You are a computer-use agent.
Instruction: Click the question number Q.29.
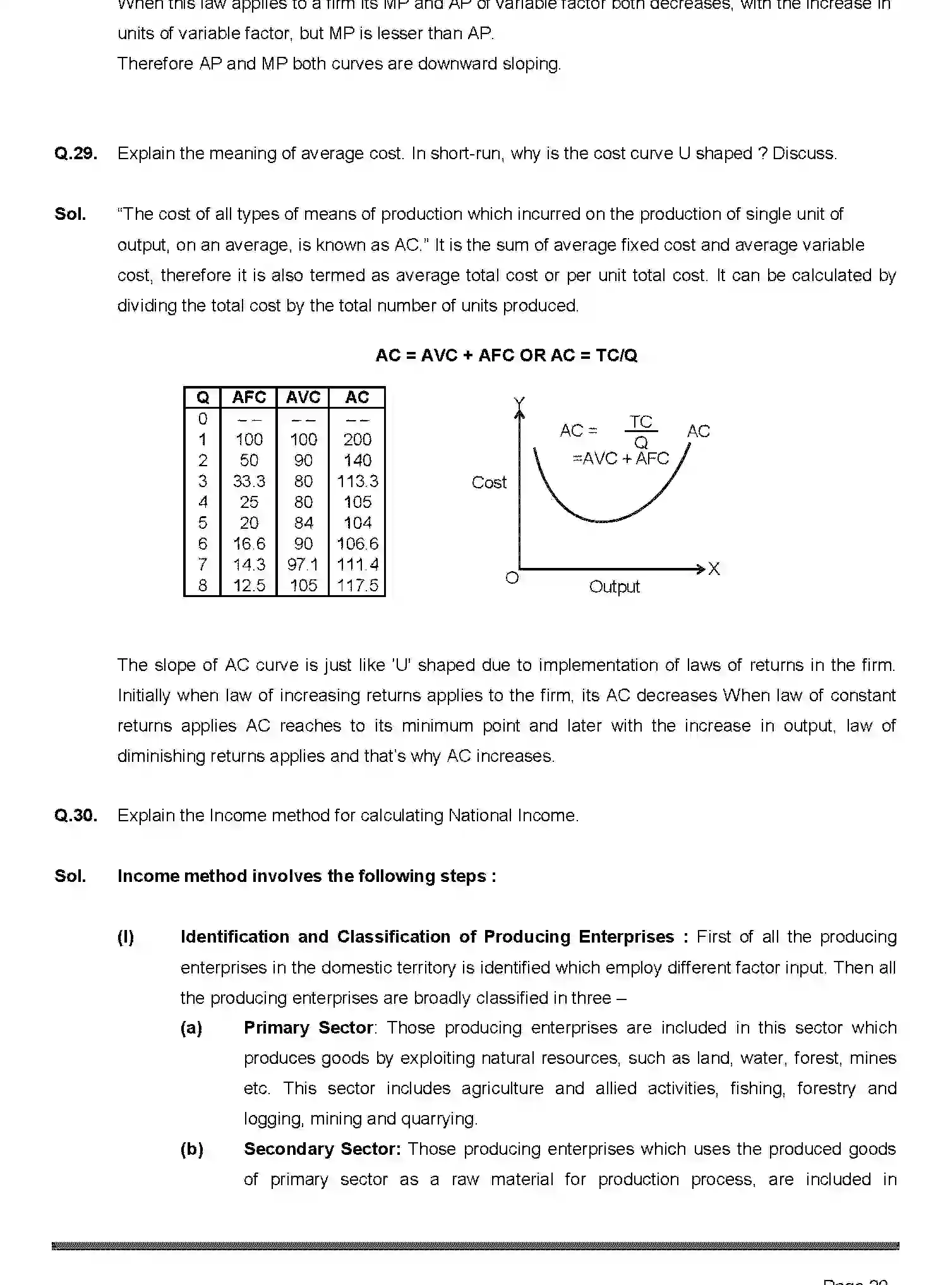(76, 154)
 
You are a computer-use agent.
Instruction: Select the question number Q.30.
(76, 816)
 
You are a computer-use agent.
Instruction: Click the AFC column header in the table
(249, 397)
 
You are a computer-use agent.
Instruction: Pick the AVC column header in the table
(303, 397)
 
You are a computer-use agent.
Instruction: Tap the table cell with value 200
(358, 440)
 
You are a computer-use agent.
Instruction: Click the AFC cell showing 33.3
(249, 481)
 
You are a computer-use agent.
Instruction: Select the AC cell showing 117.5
(358, 586)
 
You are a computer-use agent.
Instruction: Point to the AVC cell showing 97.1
(303, 565)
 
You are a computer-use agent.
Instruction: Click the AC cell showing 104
(358, 523)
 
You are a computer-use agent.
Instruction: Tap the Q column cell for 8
(203, 586)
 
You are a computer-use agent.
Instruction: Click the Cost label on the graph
(489, 483)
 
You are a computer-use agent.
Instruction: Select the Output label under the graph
(614, 587)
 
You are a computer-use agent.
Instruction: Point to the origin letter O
(512, 577)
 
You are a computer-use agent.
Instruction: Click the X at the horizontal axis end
(714, 569)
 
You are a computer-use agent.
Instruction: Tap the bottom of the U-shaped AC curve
(603, 521)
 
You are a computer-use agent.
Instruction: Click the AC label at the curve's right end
(698, 431)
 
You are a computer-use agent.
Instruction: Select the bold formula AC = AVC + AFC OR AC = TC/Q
(506, 356)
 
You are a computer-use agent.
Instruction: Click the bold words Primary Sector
(308, 1028)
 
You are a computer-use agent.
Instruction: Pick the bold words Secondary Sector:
(322, 1149)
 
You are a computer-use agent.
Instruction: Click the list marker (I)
(126, 937)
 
